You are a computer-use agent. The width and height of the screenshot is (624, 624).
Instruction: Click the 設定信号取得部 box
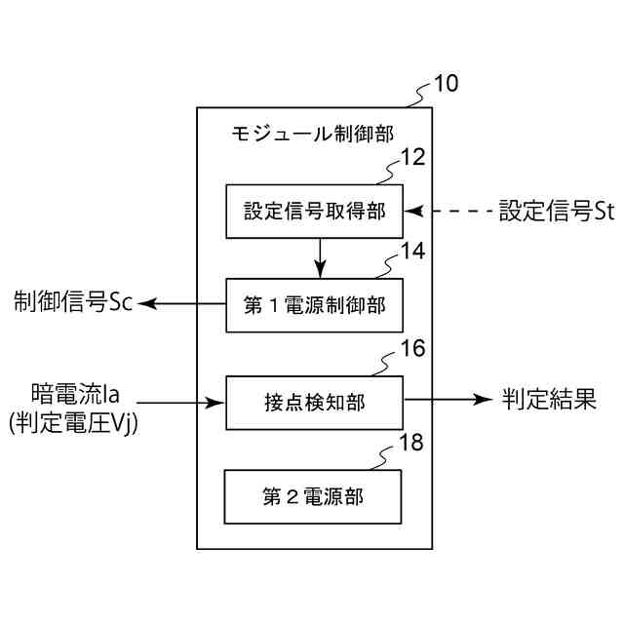coord(314,211)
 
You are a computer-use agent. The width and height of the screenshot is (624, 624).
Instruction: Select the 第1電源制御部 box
coord(314,305)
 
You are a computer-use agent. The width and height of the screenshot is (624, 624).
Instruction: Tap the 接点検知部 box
coord(314,401)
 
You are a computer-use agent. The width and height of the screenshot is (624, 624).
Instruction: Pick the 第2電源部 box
coord(313,496)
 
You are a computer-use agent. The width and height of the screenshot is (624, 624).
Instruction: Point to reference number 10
coord(445,83)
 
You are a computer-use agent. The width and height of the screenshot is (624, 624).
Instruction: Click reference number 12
coord(412,157)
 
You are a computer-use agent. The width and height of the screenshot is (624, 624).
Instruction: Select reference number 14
coord(412,252)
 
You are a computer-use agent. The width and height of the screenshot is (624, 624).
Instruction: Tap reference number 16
coord(412,348)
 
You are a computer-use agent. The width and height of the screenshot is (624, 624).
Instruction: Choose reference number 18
coord(411,444)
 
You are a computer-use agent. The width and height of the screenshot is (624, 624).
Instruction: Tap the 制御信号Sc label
coord(73,303)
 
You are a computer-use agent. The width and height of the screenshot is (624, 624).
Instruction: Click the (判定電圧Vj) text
coord(73,422)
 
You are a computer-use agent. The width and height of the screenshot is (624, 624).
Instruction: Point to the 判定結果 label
coord(550,400)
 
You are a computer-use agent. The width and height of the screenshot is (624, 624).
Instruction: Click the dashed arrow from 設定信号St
coord(448,211)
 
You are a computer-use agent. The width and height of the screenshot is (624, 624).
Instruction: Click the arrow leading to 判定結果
coord(448,400)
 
